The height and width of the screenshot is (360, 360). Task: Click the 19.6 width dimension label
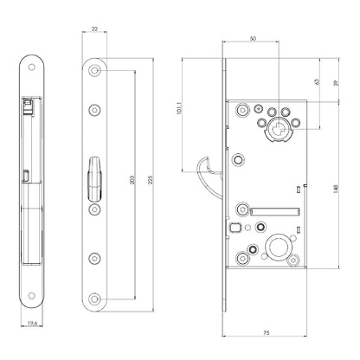click(x=33, y=324)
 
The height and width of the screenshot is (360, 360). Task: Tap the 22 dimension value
click(x=94, y=29)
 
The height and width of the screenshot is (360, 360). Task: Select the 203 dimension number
click(x=132, y=180)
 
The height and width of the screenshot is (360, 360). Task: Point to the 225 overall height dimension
click(x=150, y=180)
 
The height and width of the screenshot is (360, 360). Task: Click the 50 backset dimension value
click(x=253, y=38)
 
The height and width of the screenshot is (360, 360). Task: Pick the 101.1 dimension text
click(x=179, y=108)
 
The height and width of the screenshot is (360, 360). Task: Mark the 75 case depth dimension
click(x=267, y=332)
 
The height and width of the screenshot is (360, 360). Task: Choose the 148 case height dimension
click(x=336, y=189)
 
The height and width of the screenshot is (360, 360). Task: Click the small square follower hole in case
click(x=235, y=228)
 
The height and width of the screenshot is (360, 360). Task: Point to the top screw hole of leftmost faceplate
click(x=31, y=67)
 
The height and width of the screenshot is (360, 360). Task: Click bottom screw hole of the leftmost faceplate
click(x=31, y=296)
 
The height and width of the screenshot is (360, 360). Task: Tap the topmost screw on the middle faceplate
click(x=94, y=71)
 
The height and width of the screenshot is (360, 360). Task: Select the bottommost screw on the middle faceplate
click(x=94, y=299)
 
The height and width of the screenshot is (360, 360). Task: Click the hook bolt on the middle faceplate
click(x=94, y=179)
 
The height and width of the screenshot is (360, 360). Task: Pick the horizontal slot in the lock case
click(x=275, y=212)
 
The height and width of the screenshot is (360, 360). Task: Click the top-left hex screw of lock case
click(x=242, y=109)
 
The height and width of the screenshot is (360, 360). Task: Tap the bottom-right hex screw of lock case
click(x=294, y=260)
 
